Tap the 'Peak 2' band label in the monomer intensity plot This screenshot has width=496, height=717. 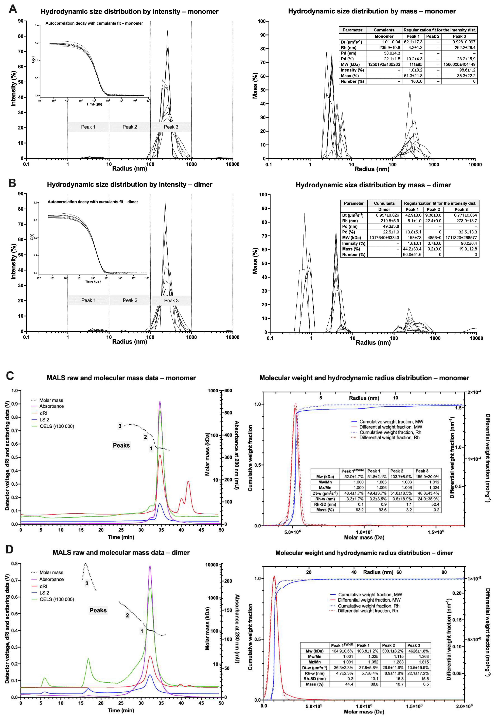tap(130, 127)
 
